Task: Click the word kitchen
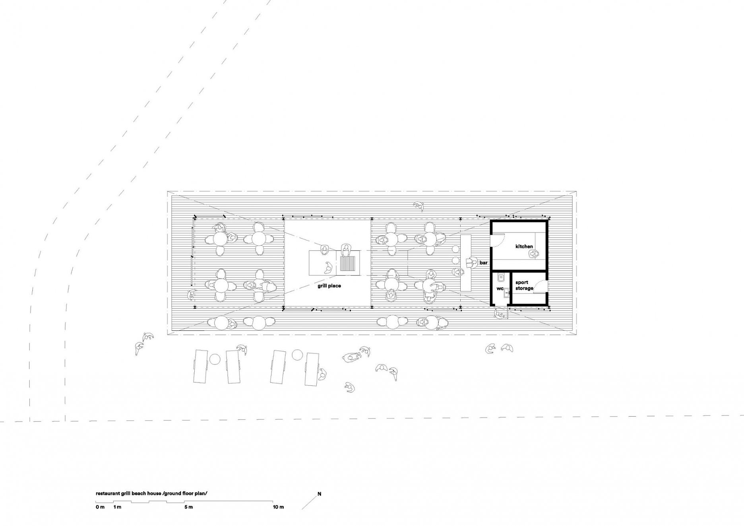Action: click(524, 247)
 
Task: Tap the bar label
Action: click(483, 263)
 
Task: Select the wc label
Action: click(500, 288)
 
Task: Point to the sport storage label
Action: click(524, 285)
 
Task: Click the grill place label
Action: click(329, 286)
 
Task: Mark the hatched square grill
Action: click(348, 263)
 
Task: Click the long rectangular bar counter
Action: click(465, 263)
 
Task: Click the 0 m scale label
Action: click(100, 507)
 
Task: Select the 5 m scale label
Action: click(188, 507)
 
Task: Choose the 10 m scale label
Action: click(279, 507)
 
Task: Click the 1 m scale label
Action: click(117, 507)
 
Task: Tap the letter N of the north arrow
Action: click(319, 494)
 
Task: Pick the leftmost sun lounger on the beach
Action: click(200, 365)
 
